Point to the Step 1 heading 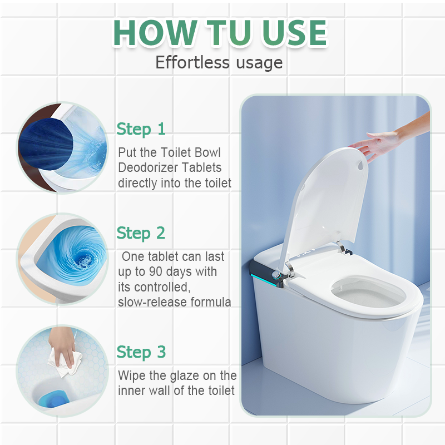141,129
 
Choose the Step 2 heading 141,233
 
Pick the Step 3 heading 141,352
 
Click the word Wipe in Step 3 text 131,375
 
